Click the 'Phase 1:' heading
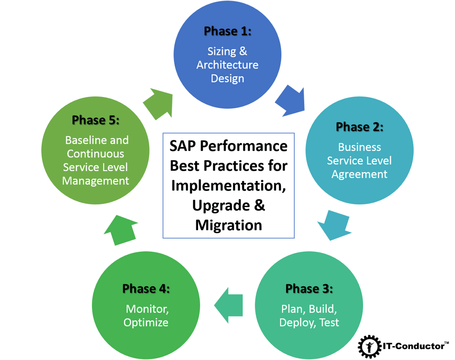[227, 31]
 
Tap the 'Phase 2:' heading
[359, 127]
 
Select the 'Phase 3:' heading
[309, 289]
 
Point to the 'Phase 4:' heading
[146, 289]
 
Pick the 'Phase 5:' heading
[95, 120]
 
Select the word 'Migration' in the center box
[228, 225]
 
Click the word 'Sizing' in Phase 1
[221, 51]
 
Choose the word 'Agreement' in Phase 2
[359, 174]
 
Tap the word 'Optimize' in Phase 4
[146, 323]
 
